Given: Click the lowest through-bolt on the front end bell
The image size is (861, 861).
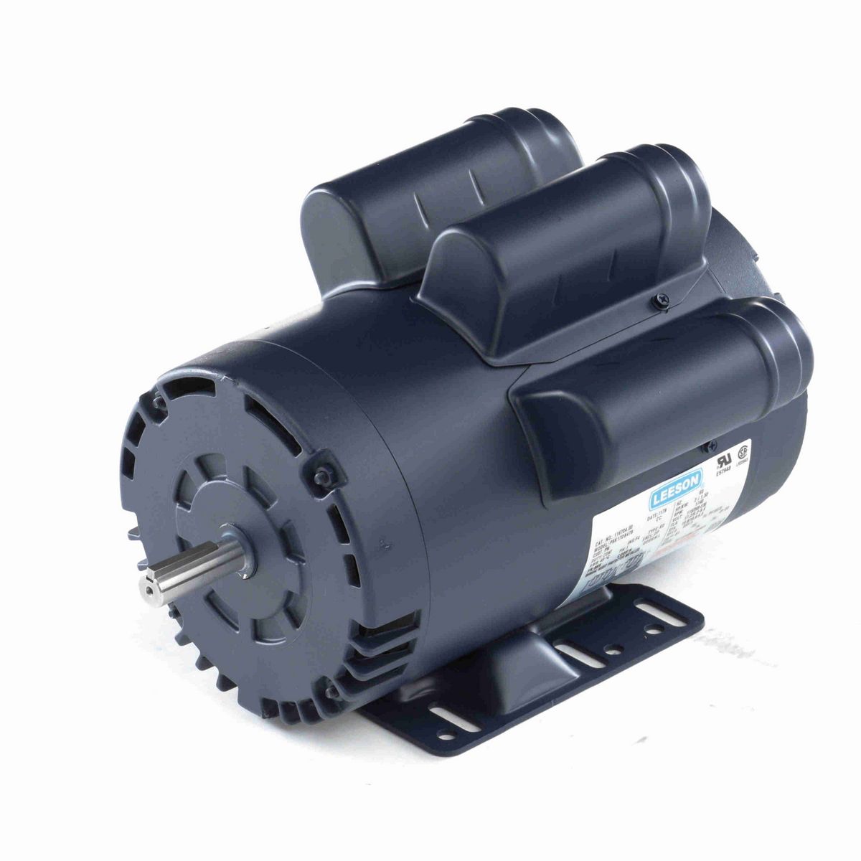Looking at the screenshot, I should coord(332,692).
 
